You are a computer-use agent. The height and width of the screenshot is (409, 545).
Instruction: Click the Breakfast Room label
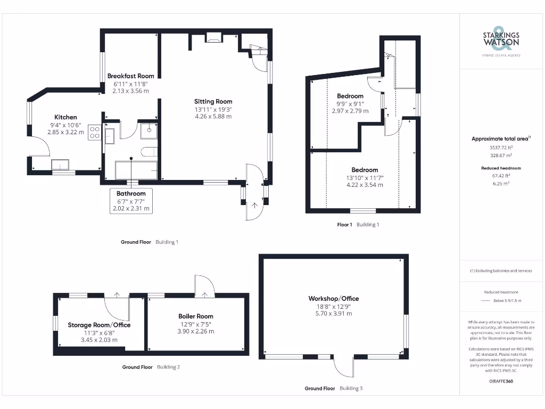pyautogui.click(x=130, y=76)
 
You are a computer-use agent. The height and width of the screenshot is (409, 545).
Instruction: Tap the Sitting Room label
pyautogui.click(x=213, y=101)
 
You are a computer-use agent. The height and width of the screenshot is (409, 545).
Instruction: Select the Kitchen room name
pyautogui.click(x=65, y=117)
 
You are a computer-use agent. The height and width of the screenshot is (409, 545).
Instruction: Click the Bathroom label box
pyautogui.click(x=131, y=201)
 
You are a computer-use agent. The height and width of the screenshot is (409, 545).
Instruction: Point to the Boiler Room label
pyautogui.click(x=196, y=316)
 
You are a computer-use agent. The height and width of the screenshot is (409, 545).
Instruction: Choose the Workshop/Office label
pyautogui.click(x=333, y=299)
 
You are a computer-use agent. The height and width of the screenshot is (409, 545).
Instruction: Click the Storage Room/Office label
pyautogui.click(x=99, y=325)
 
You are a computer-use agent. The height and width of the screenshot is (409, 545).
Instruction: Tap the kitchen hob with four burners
pyautogui.click(x=95, y=132)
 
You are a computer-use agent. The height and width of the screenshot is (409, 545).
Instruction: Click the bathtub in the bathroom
pyautogui.click(x=136, y=170)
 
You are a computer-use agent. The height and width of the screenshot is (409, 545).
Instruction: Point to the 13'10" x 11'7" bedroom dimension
pyautogui.click(x=365, y=178)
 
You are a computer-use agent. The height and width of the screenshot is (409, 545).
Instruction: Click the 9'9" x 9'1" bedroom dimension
pyautogui.click(x=350, y=104)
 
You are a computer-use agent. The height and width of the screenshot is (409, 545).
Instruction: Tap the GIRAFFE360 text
pyautogui.click(x=500, y=381)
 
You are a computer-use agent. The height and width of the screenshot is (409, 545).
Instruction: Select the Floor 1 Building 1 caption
pyautogui.click(x=358, y=225)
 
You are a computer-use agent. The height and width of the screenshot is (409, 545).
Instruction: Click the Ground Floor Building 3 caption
pyautogui.click(x=333, y=388)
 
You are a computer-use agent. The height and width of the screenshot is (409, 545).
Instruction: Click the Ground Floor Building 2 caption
pyautogui.click(x=151, y=367)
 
